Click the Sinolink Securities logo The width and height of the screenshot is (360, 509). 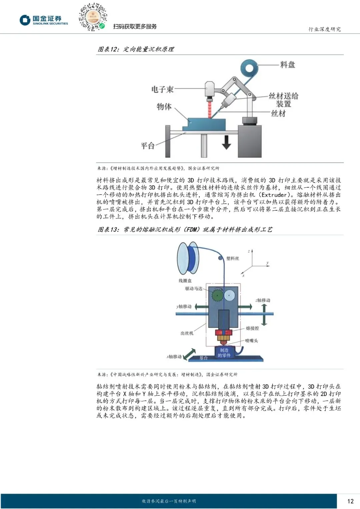[x=44, y=20]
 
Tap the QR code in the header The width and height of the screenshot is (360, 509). [x=93, y=17]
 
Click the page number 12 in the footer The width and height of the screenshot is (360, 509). [x=350, y=501]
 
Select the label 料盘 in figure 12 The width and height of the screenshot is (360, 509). [x=288, y=65]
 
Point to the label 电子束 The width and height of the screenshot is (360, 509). [x=162, y=89]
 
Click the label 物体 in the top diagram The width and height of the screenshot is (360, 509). [x=164, y=107]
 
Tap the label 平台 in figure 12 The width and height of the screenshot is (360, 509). [x=148, y=146]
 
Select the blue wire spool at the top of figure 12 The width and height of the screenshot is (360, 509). [x=249, y=69]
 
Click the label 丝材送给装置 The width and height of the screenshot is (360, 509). [x=283, y=100]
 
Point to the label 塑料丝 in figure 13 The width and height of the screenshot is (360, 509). [x=233, y=258]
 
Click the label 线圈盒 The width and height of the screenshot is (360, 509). [x=185, y=281]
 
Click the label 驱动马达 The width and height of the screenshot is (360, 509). [x=194, y=289]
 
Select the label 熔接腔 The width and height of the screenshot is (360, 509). [x=252, y=328]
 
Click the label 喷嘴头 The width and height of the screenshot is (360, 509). [x=251, y=341]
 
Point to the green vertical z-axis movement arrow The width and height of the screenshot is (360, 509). [x=264, y=314]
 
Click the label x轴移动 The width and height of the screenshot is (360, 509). [x=174, y=357]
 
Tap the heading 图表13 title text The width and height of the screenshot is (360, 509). [x=185, y=229]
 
